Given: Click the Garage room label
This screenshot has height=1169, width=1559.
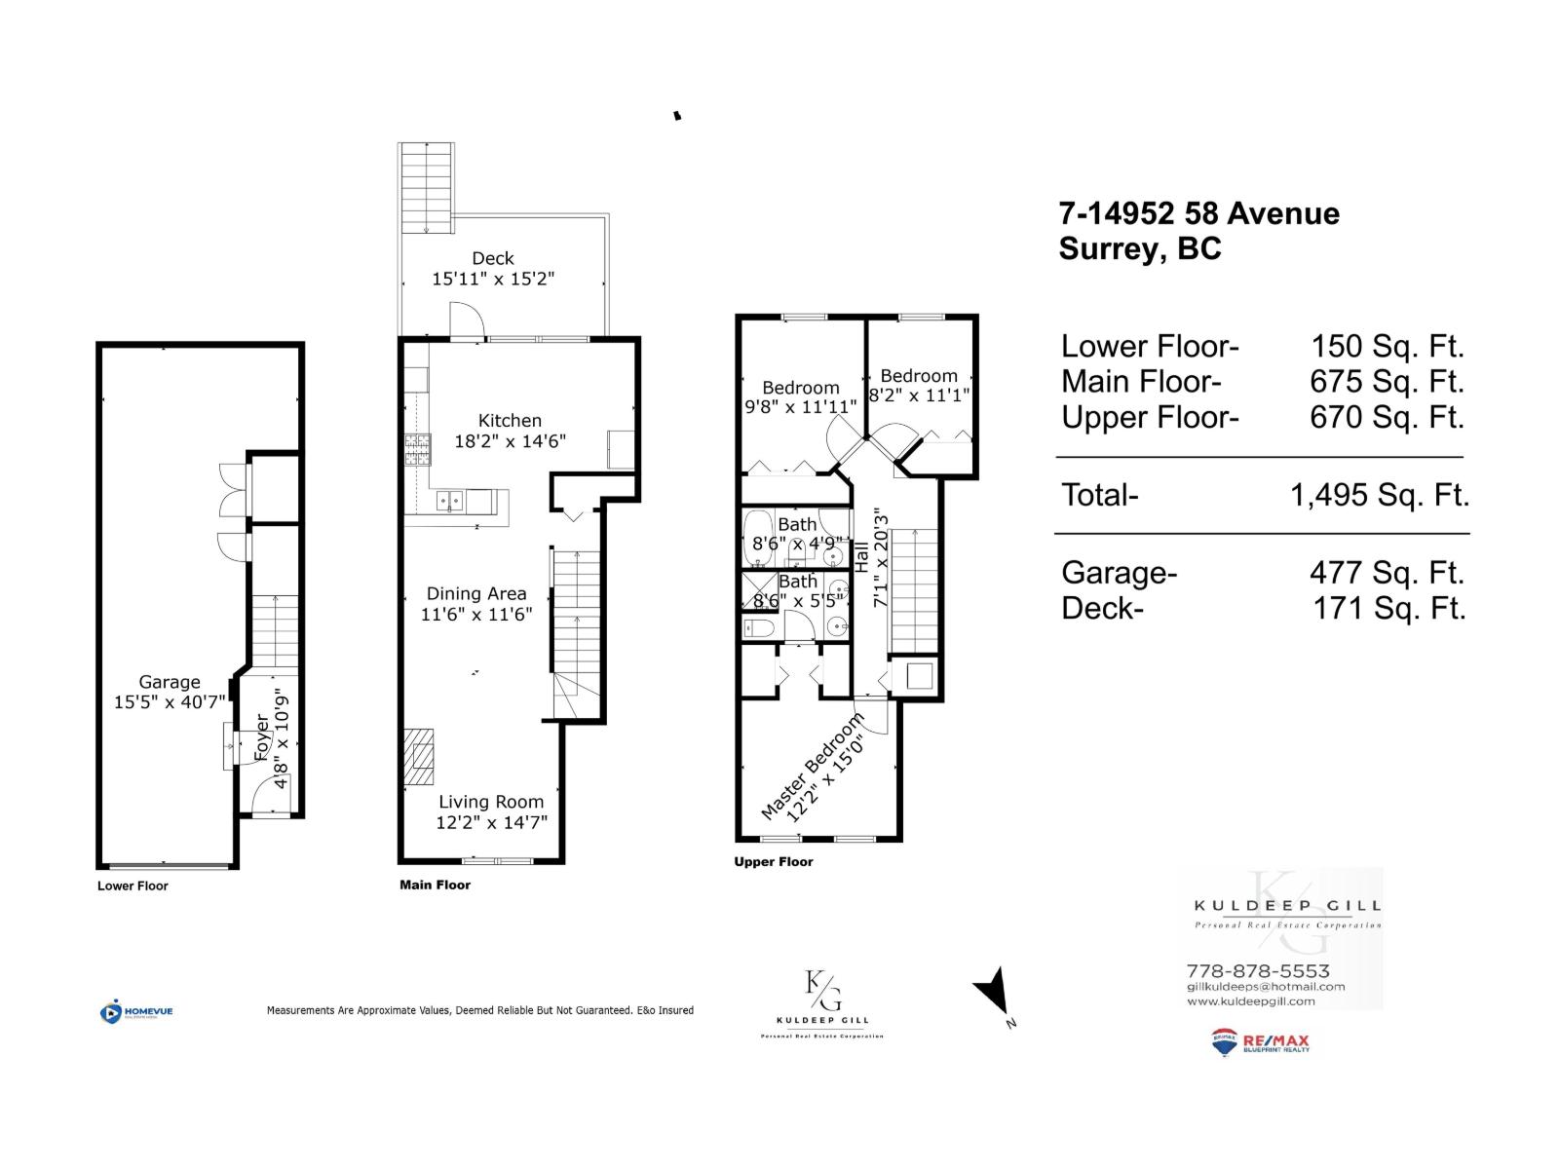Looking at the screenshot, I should pyautogui.click(x=170, y=682).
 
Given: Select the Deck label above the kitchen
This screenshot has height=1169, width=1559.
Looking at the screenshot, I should pyautogui.click(x=493, y=258).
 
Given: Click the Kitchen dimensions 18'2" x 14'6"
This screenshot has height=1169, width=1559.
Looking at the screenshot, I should pyautogui.click(x=510, y=440).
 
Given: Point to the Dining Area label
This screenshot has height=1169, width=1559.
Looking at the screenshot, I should pyautogui.click(x=476, y=593).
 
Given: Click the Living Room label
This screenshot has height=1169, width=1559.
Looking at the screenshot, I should pyautogui.click(x=491, y=802).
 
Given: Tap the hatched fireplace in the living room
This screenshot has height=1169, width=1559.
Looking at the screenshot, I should pyautogui.click(x=419, y=757).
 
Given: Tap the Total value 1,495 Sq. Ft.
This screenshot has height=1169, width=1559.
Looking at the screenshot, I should pyautogui.click(x=1379, y=495).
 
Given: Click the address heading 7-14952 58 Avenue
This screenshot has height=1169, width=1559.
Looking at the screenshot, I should pyautogui.click(x=1198, y=213).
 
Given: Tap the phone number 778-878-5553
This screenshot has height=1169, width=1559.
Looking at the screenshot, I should pyautogui.click(x=1257, y=970).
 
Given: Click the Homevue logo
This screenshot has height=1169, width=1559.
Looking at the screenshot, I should pyautogui.click(x=136, y=1011).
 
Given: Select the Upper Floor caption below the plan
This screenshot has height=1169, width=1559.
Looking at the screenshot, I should pyautogui.click(x=773, y=861).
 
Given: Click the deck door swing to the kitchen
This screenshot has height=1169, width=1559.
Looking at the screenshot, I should pyautogui.click(x=466, y=320).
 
